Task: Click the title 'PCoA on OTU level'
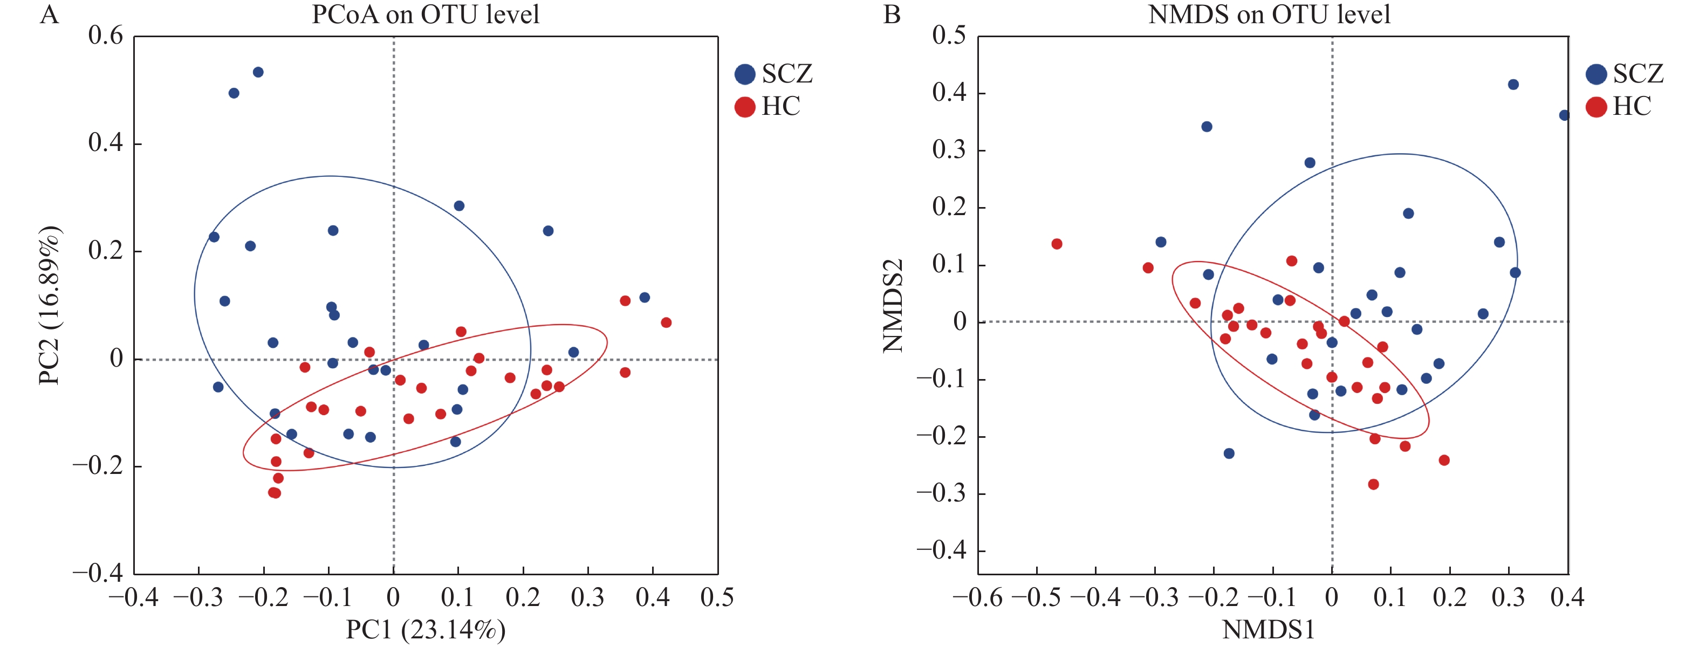[426, 15]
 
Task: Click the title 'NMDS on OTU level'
[1269, 15]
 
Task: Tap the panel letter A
[50, 15]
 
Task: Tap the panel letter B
[892, 15]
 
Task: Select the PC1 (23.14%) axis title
[426, 630]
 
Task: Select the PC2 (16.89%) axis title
[50, 305]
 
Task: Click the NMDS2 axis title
[893, 305]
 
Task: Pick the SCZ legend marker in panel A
[745, 74]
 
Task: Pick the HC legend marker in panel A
[745, 107]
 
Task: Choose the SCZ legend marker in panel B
[1596, 74]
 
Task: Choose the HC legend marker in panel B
[1596, 107]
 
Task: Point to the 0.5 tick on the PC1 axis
[717, 597]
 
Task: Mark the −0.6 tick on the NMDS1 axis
[977, 597]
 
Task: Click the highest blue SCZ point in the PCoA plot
[258, 72]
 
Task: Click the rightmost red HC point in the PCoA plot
[666, 322]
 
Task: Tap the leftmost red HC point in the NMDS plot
[1057, 244]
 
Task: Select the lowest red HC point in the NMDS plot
[1373, 484]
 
